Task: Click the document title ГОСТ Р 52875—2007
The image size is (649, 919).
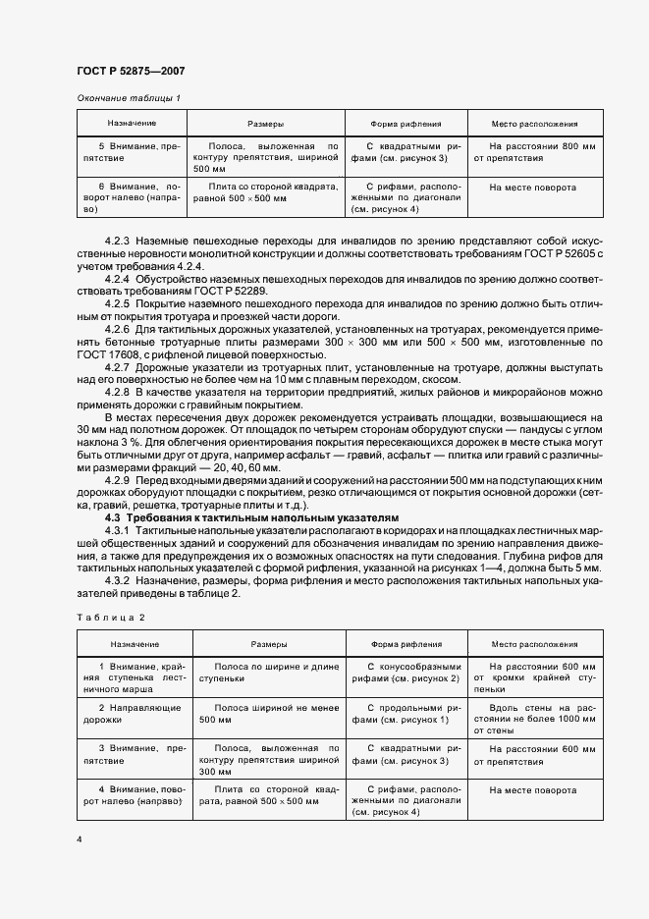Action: pos(131,72)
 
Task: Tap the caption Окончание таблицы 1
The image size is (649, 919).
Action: pos(129,99)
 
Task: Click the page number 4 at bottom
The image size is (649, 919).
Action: pos(79,838)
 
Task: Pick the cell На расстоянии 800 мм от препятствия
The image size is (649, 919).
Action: pos(534,151)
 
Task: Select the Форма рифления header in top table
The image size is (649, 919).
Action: pos(406,125)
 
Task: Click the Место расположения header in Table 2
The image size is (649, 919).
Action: pos(534,644)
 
